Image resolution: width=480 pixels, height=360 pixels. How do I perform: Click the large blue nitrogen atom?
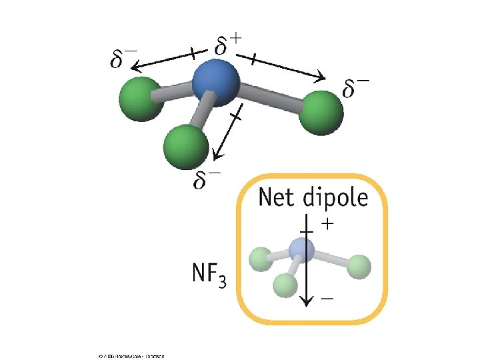[x=215, y=83]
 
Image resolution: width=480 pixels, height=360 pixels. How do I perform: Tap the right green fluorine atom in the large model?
[x=321, y=114]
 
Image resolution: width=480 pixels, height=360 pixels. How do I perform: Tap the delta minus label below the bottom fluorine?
[x=207, y=179]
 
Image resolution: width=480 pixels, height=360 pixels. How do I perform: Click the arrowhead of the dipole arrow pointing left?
[x=135, y=67]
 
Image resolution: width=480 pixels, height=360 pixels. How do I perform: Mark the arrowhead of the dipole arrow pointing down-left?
[x=215, y=158]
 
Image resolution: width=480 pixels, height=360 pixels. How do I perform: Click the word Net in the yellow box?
[x=277, y=198]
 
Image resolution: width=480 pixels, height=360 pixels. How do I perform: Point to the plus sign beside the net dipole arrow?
[x=326, y=225]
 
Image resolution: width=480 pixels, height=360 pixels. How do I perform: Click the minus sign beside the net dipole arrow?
[x=327, y=299]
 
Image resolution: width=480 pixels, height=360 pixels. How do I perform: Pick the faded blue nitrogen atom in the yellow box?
[x=301, y=250]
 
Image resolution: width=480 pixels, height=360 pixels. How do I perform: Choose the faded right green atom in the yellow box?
[x=359, y=266]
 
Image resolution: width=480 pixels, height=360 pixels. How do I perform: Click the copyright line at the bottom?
[x=131, y=355]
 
